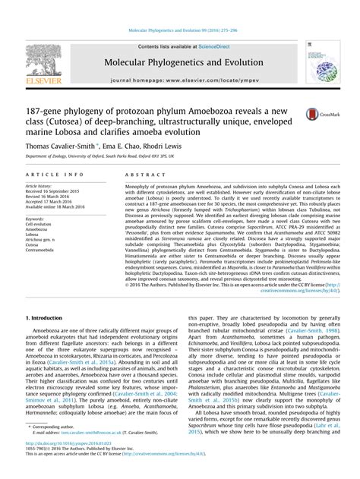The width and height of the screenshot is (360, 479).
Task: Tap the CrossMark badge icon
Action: [314, 114]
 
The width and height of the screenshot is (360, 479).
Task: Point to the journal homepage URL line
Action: [179, 78]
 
